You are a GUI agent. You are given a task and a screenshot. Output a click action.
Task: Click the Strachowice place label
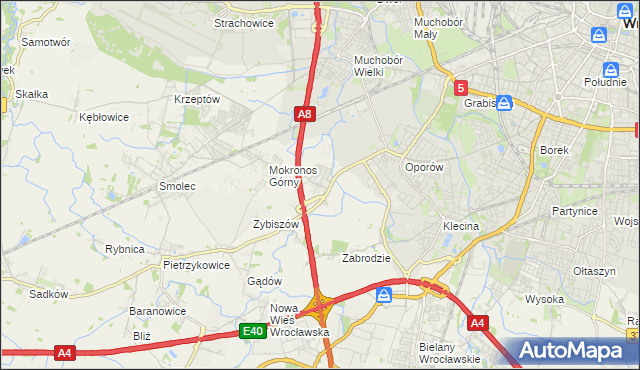coord(244,22)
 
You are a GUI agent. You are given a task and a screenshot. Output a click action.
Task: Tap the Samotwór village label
coord(45,43)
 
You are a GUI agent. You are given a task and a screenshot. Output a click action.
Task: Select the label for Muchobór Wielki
coord(377,65)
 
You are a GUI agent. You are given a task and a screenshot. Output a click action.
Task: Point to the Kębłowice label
coord(104,117)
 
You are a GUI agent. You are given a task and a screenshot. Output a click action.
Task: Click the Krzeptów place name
coord(196,99)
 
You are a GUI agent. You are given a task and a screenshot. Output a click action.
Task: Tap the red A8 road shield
coord(306,116)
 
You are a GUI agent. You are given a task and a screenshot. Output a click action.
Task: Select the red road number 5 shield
coord(460,88)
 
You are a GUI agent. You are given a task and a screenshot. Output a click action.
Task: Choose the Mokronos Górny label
coord(293,176)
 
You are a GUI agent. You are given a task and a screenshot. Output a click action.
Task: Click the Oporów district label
coord(422,167)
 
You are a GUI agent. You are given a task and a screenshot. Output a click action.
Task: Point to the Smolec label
coord(177,186)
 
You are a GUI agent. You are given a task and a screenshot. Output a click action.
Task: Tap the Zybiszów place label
coord(276,225)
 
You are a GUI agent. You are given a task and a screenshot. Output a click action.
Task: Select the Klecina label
coord(461,226)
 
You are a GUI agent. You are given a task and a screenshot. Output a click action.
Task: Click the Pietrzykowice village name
coord(196,265)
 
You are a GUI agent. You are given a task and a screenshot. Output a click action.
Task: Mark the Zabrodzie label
coord(366,258)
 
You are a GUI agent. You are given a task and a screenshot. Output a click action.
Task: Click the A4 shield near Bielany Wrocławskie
coord(478,322)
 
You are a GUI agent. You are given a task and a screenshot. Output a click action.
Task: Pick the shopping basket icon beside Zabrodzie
coord(385,295)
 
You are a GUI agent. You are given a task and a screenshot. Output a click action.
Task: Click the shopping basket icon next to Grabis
coord(505,102)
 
